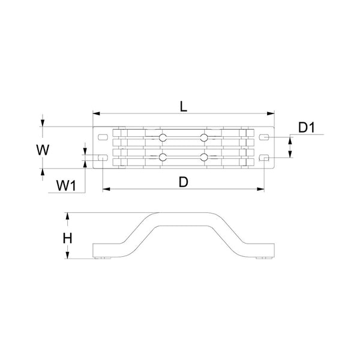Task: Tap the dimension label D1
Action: pos(307,128)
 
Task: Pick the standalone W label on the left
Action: pos(41,150)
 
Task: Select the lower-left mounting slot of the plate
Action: pos(101,158)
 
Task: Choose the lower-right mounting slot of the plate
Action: pos(263,158)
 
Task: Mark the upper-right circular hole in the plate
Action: pos(205,139)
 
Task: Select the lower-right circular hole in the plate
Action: pos(205,158)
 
